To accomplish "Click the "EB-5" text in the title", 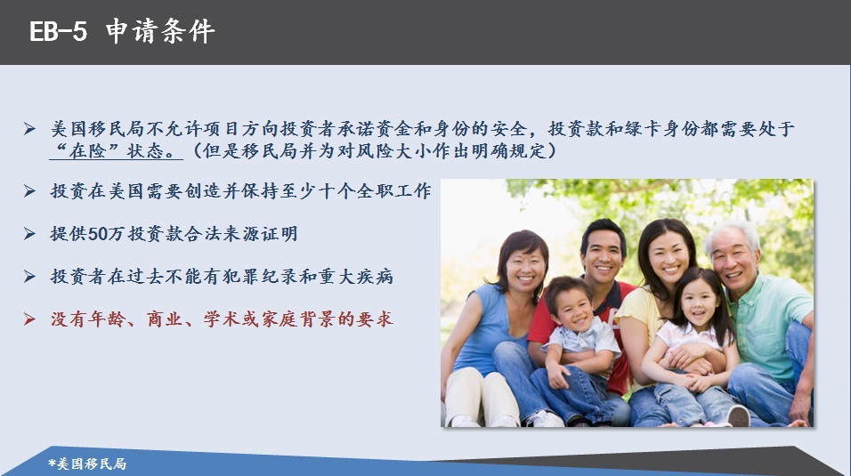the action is pyautogui.click(x=58, y=31).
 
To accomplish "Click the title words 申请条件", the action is pyautogui.click(x=160, y=31).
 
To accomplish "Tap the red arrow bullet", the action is pyautogui.click(x=29, y=319).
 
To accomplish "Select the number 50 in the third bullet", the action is pyautogui.click(x=98, y=234).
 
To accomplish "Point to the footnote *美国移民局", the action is pyautogui.click(x=87, y=464).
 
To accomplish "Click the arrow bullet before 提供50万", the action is pyautogui.click(x=29, y=234).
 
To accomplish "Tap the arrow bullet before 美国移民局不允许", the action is pyautogui.click(x=29, y=129).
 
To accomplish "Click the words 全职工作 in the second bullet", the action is pyautogui.click(x=393, y=191).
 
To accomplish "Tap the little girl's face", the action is pyautogui.click(x=697, y=305).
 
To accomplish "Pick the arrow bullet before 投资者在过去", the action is pyautogui.click(x=29, y=277).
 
